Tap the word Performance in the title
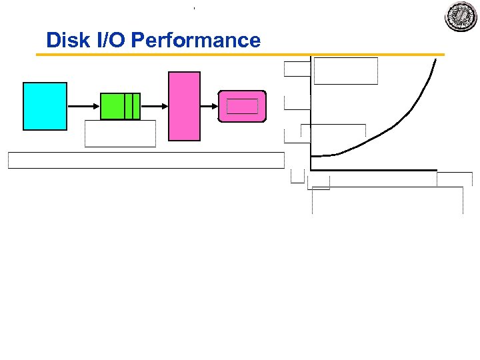click(196, 40)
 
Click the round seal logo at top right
click(461, 16)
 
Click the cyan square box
click(45, 106)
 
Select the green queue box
click(120, 106)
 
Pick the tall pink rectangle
click(184, 106)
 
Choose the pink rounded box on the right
click(242, 107)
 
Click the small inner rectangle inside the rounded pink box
click(242, 106)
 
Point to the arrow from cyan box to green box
click(83, 105)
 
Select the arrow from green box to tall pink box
click(153, 105)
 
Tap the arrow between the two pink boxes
click(209, 105)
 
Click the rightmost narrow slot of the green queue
click(137, 106)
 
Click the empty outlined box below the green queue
click(120, 133)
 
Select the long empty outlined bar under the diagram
click(146, 160)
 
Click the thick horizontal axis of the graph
click(373, 170)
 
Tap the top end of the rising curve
click(436, 61)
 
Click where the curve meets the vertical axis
click(312, 156)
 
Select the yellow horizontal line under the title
click(240, 55)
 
